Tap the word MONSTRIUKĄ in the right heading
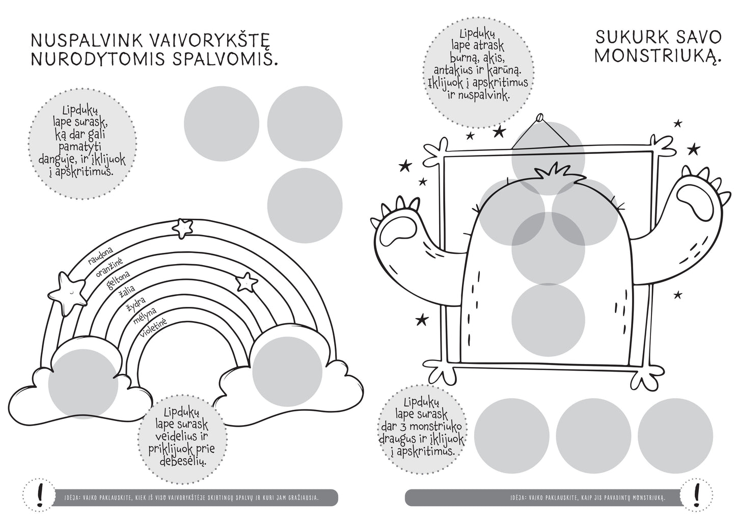pyautogui.click(x=658, y=55)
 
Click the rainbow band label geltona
pyautogui.click(x=118, y=280)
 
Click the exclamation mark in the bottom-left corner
pyautogui.click(x=33, y=494)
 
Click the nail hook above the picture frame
pyautogui.click(x=538, y=120)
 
